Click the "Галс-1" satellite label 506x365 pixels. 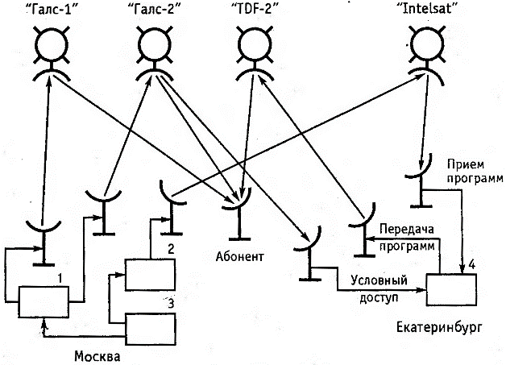click(x=50, y=10)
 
